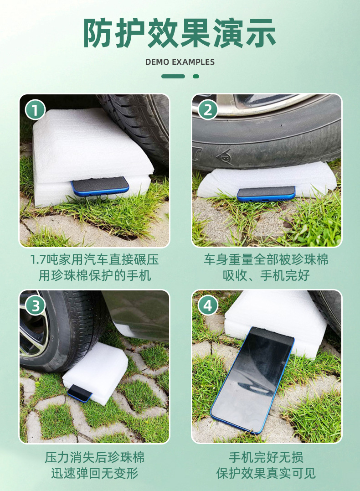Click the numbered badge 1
tap(35, 110)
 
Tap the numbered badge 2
tap(208, 110)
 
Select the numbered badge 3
tap(35, 305)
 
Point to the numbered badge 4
tap(208, 305)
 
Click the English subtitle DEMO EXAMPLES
tap(180, 62)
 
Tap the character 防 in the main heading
tap(99, 34)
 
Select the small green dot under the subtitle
tap(196, 76)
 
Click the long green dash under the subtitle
tap(173, 76)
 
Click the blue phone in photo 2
tap(266, 193)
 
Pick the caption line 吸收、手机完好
tap(266, 275)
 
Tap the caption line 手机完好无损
tap(266, 457)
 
